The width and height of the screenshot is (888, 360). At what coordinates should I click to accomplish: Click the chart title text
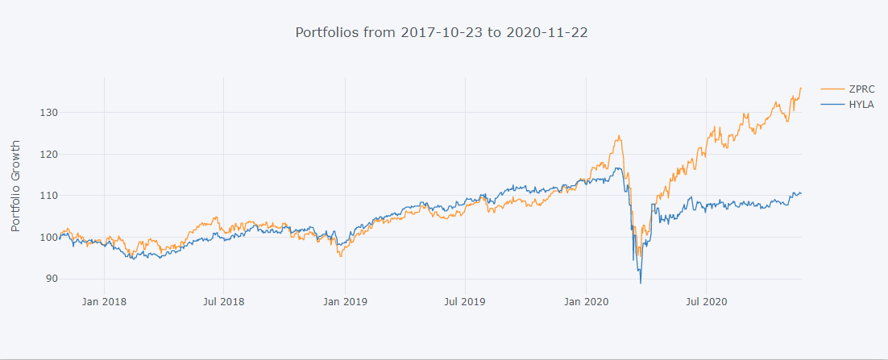click(x=446, y=33)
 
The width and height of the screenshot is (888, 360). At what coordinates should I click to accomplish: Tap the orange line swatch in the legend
click(x=831, y=89)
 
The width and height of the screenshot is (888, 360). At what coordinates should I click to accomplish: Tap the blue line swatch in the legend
click(x=831, y=105)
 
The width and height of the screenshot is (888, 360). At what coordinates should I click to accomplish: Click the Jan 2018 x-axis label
click(x=105, y=302)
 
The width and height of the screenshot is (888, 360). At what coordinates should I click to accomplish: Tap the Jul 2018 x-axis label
click(x=224, y=302)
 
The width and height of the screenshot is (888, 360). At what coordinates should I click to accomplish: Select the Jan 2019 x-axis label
click(x=346, y=302)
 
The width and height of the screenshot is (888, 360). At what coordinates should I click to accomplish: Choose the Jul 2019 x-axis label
click(x=465, y=302)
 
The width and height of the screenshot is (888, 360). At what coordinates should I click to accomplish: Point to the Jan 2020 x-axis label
click(x=586, y=302)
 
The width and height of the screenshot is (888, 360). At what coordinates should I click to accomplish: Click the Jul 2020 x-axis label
click(x=706, y=302)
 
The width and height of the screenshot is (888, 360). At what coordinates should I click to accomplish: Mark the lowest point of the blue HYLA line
click(x=641, y=283)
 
